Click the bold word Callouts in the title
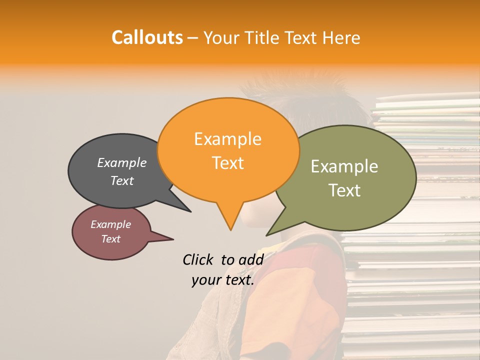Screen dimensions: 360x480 click(147, 37)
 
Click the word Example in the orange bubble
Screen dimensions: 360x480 click(227, 139)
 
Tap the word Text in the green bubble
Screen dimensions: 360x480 click(344, 190)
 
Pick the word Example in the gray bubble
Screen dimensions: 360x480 click(122, 162)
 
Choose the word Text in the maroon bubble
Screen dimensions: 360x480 click(111, 239)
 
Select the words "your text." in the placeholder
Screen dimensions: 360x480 click(223, 280)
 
